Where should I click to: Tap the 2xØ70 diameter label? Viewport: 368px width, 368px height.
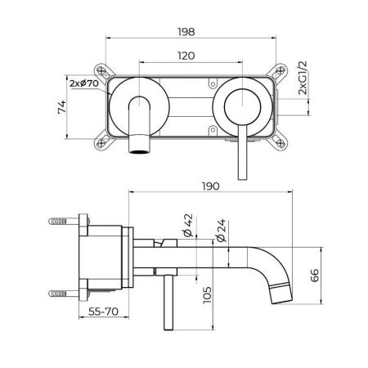coord(84,83)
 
